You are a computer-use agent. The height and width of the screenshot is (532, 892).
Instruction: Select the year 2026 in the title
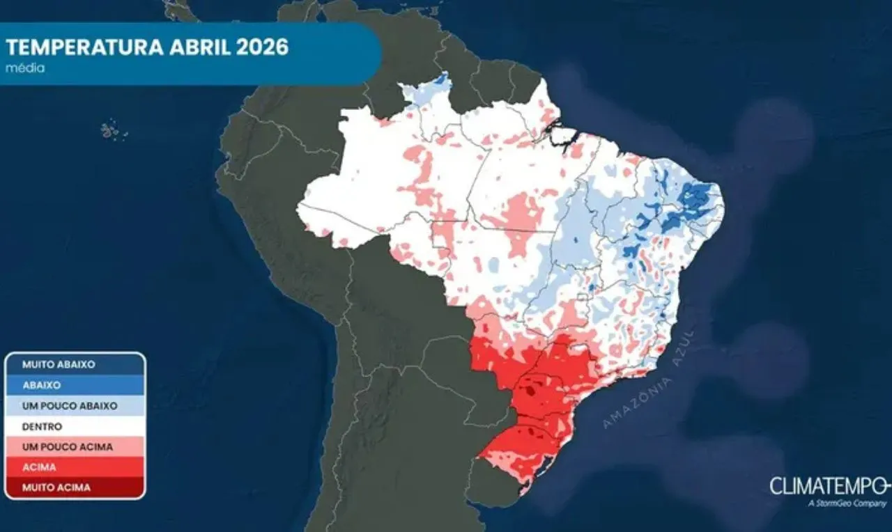(261, 47)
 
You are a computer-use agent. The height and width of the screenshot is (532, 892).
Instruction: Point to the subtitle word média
(25, 68)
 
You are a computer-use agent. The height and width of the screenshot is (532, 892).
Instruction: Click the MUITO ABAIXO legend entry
(59, 364)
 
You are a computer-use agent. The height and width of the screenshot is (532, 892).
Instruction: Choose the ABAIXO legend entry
(41, 385)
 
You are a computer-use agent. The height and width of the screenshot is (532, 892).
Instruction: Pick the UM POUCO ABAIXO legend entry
(70, 405)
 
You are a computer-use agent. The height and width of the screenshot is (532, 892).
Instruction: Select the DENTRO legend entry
(42, 426)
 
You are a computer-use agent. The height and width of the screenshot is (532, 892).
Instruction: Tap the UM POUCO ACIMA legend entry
(67, 446)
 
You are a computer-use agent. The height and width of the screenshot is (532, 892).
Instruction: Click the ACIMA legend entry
(39, 467)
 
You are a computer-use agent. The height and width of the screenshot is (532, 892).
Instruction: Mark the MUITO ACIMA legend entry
(56, 487)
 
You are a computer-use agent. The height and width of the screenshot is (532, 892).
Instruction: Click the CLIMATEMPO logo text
(828, 486)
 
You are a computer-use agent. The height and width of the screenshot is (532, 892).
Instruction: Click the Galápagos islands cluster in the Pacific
(109, 130)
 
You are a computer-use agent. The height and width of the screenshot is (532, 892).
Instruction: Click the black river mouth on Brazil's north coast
(558, 132)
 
